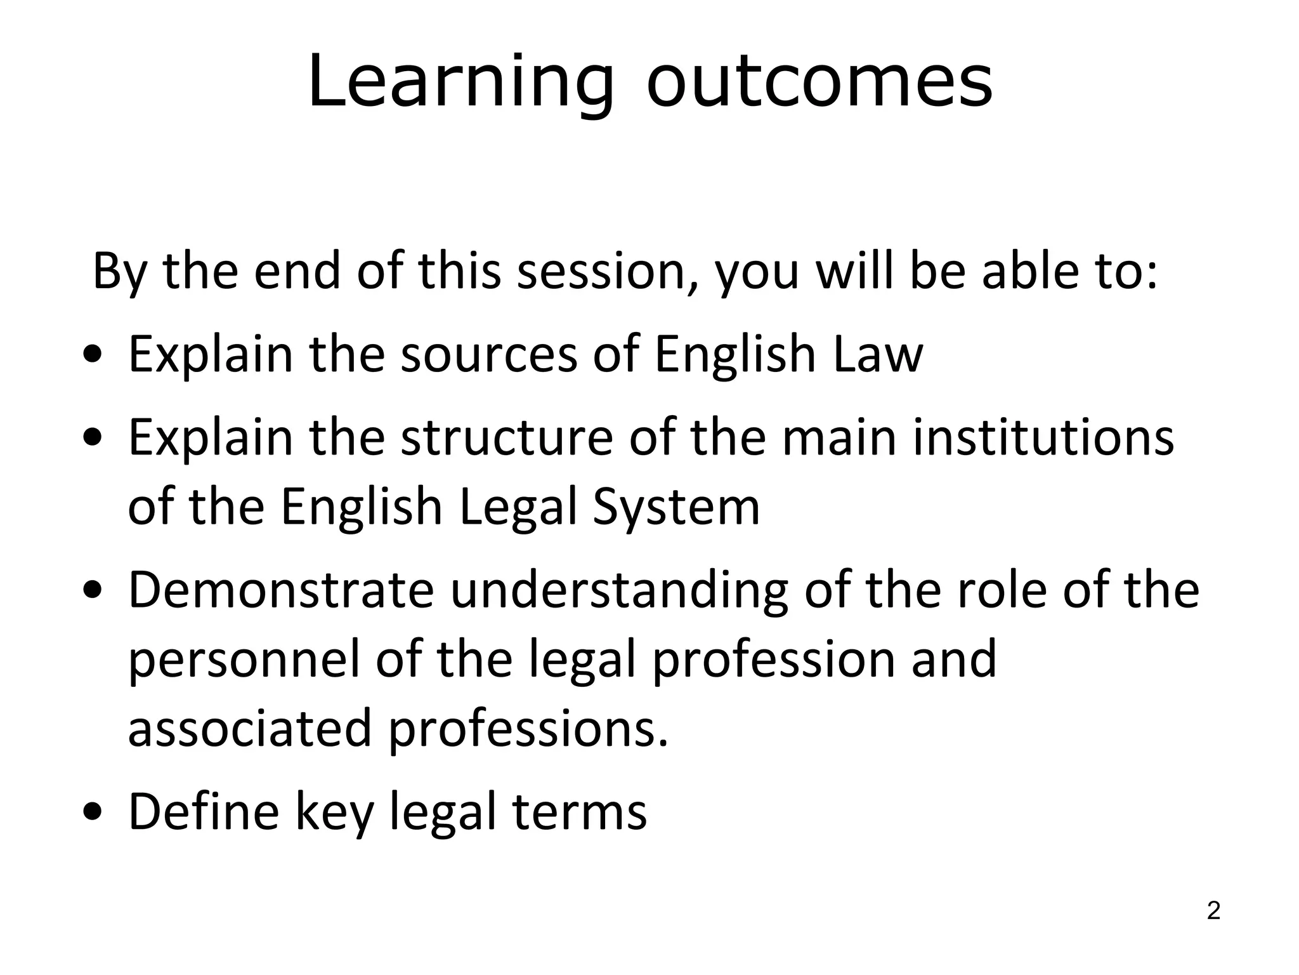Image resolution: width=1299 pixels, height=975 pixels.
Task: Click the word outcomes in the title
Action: point(819,83)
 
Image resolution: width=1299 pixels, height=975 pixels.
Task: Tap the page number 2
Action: point(1213,911)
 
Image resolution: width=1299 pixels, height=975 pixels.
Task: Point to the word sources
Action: point(489,354)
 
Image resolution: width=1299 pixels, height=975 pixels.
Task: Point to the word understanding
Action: point(619,590)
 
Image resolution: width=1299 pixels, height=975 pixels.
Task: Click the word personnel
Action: point(244,660)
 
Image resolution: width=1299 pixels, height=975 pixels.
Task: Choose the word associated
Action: point(249,729)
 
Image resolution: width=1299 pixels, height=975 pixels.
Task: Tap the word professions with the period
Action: point(528,729)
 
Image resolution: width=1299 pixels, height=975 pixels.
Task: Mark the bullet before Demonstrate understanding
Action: point(93,592)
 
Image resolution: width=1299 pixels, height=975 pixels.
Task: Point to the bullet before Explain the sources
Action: point(93,355)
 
